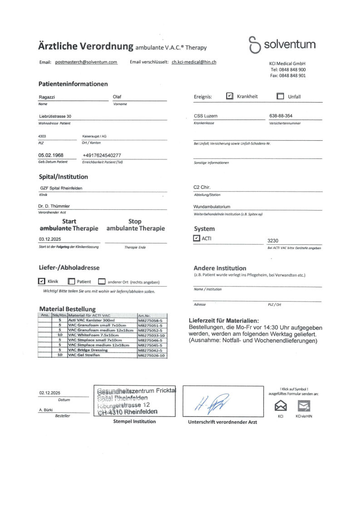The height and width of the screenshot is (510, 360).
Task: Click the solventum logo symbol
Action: pos(254,45)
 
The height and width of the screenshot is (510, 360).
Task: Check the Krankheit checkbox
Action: pos(230,96)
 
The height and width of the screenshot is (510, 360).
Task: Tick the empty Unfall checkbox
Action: pos(280,96)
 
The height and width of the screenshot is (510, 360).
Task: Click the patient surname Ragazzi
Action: pos(47,97)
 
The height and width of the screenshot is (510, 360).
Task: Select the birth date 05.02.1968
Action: pos(51,155)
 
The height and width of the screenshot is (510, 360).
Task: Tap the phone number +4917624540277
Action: pos(102,155)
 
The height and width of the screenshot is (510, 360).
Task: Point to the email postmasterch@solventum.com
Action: pos(86,62)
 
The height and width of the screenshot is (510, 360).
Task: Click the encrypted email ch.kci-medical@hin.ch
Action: pos(194,62)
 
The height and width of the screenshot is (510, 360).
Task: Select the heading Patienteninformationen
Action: pos(73,84)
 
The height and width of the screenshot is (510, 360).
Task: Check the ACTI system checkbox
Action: pos(196,238)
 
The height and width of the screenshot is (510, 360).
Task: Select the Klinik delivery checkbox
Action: pos(42,281)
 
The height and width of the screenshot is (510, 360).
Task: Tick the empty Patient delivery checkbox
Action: pos(71,281)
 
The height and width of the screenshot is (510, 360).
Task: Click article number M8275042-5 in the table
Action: pos(150,350)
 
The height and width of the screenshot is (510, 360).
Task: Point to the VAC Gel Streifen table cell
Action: pos(84,355)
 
